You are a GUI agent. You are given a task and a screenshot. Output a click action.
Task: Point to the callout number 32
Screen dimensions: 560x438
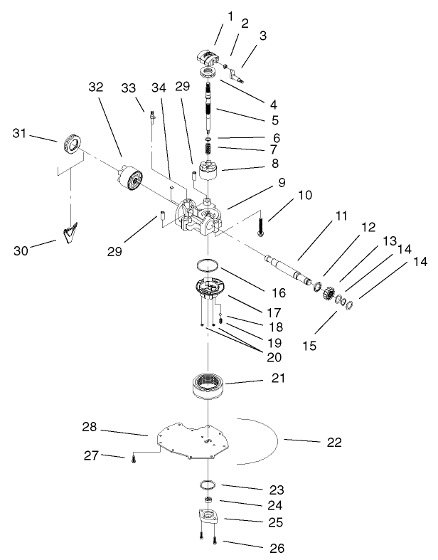[95, 87]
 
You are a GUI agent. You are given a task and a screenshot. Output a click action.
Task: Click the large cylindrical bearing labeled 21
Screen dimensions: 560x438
[210, 386]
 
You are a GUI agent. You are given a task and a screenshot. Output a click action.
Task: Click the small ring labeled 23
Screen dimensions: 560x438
[208, 485]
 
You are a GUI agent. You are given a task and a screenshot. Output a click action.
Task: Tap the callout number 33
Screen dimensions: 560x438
[128, 87]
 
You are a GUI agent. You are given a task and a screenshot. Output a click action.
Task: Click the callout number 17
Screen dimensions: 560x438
[253, 312]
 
